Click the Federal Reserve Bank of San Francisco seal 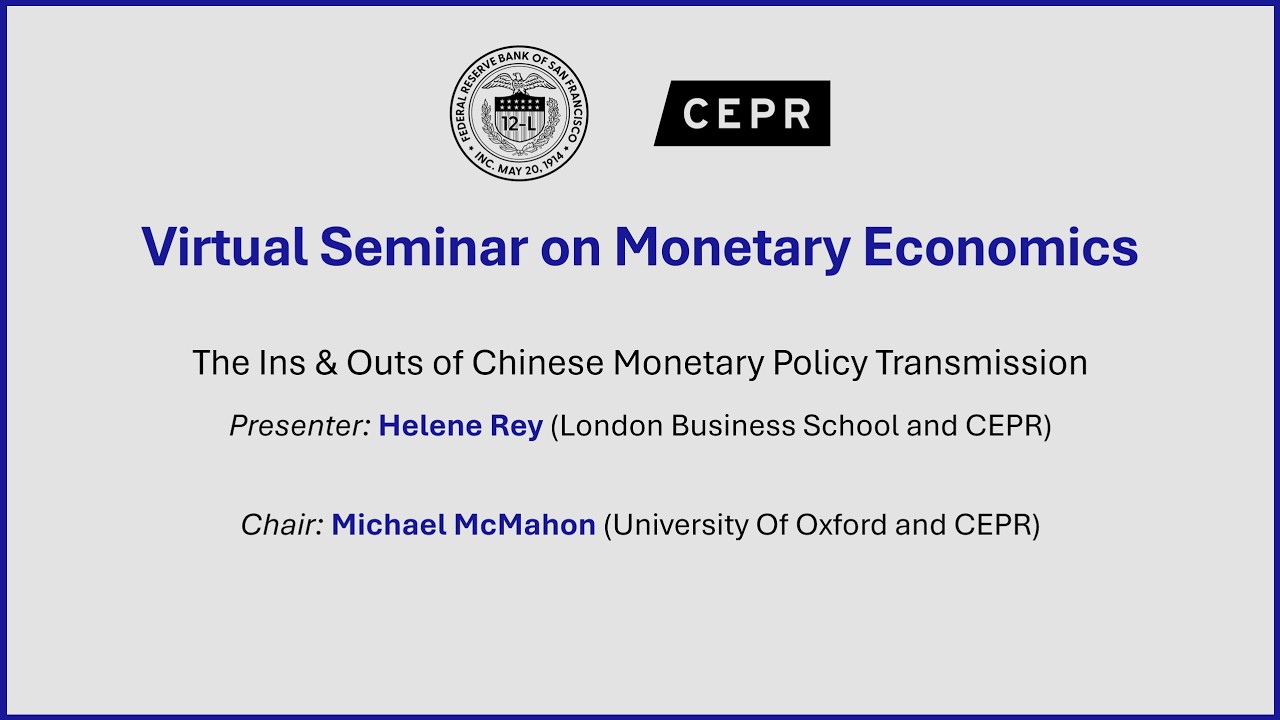tap(519, 113)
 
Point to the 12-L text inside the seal tap(519, 125)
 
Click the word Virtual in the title tap(224, 246)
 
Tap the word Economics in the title tap(1000, 246)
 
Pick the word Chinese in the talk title tap(538, 362)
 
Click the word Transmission tap(981, 362)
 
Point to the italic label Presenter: tap(300, 426)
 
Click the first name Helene tap(429, 426)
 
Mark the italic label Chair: tap(282, 524)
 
